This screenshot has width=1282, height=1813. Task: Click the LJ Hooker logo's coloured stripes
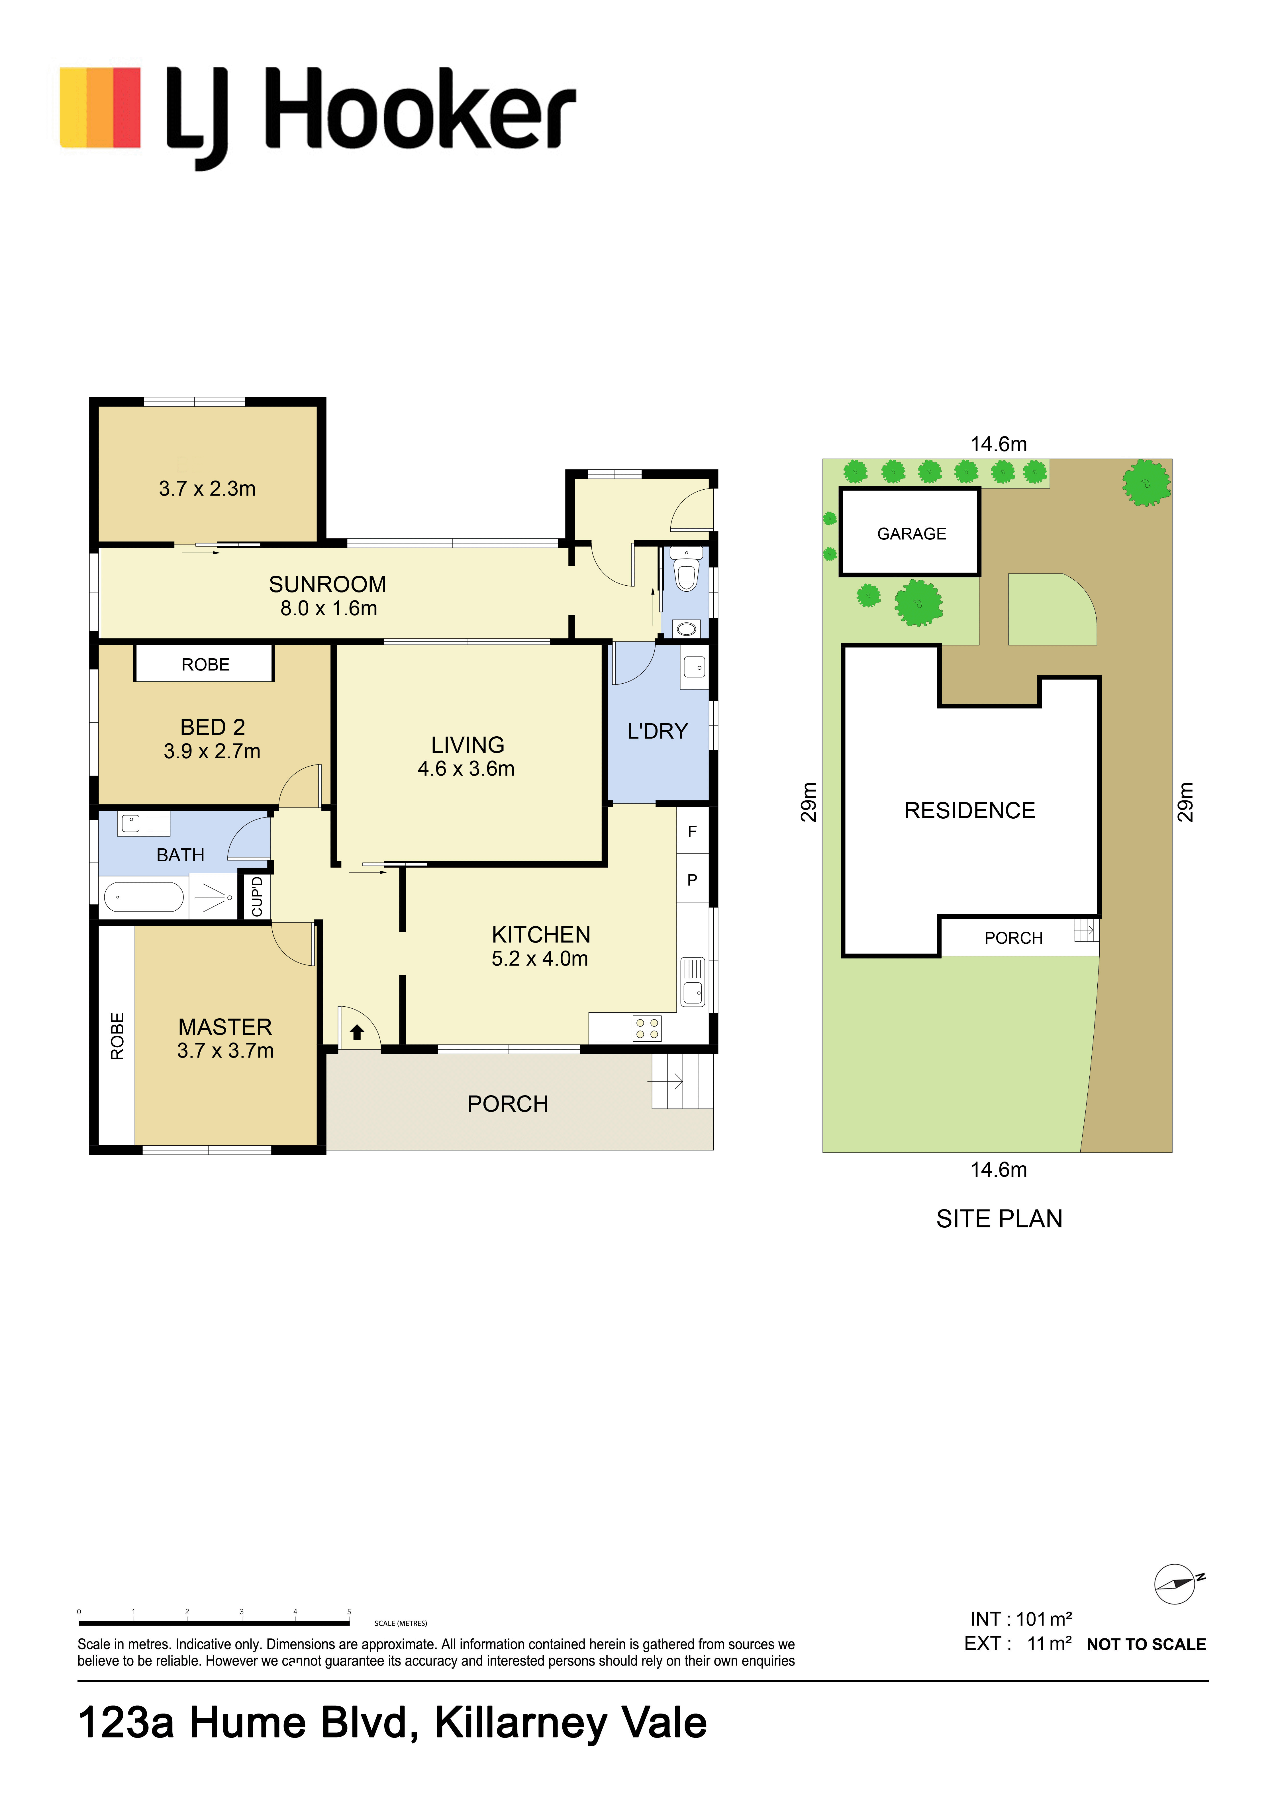pyautogui.click(x=100, y=108)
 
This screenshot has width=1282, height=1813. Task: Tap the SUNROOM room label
pyautogui.click(x=328, y=584)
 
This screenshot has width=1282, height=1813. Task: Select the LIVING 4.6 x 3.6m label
pyautogui.click(x=467, y=757)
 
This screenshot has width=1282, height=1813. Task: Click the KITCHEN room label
pyautogui.click(x=541, y=935)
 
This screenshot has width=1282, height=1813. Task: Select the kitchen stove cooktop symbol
pyautogui.click(x=648, y=1029)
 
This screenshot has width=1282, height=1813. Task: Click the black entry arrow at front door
pyautogui.click(x=357, y=1032)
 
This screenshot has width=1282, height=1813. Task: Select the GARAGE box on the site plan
pyautogui.click(x=910, y=532)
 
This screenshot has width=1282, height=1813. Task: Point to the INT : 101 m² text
pyautogui.click(x=1020, y=1620)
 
